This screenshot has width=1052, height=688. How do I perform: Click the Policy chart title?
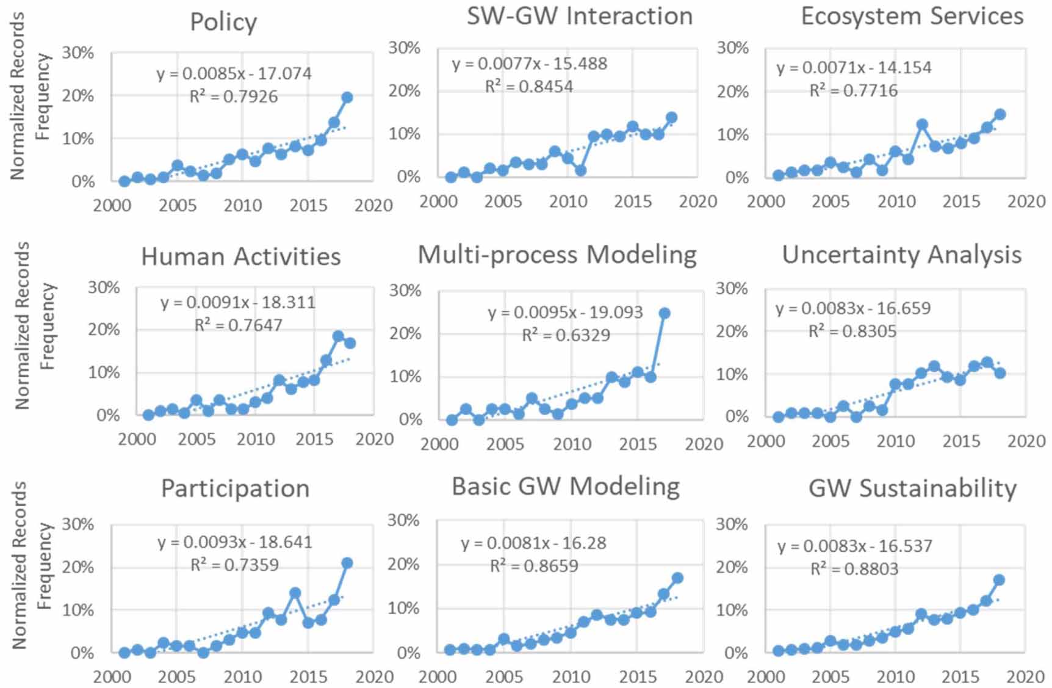tap(223, 22)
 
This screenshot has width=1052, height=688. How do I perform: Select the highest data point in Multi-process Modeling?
tap(664, 313)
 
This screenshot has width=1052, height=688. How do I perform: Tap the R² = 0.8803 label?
tap(854, 569)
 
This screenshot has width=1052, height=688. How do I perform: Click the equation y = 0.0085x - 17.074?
tap(234, 74)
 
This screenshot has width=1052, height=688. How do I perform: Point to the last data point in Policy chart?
tap(347, 97)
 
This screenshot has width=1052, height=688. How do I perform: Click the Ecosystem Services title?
tap(912, 16)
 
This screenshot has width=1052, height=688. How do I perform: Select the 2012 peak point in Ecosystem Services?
tap(922, 125)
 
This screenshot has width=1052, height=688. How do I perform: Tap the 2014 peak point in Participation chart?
tap(295, 593)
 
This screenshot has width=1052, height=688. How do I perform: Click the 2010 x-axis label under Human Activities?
tap(255, 439)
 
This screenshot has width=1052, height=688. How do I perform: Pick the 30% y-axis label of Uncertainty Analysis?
tap(731, 288)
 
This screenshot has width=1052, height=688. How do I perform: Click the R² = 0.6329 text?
tap(566, 335)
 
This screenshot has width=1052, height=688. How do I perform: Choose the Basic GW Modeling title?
tap(565, 487)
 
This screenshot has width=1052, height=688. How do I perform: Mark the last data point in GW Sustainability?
tap(999, 580)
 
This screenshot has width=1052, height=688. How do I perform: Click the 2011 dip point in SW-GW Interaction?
tap(581, 170)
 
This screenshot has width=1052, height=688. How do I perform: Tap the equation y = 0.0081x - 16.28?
tap(533, 543)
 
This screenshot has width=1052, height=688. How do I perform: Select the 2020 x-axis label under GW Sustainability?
tap(1025, 676)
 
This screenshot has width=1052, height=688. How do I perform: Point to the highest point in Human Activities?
tap(338, 336)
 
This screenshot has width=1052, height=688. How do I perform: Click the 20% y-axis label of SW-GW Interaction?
tap(404, 91)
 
